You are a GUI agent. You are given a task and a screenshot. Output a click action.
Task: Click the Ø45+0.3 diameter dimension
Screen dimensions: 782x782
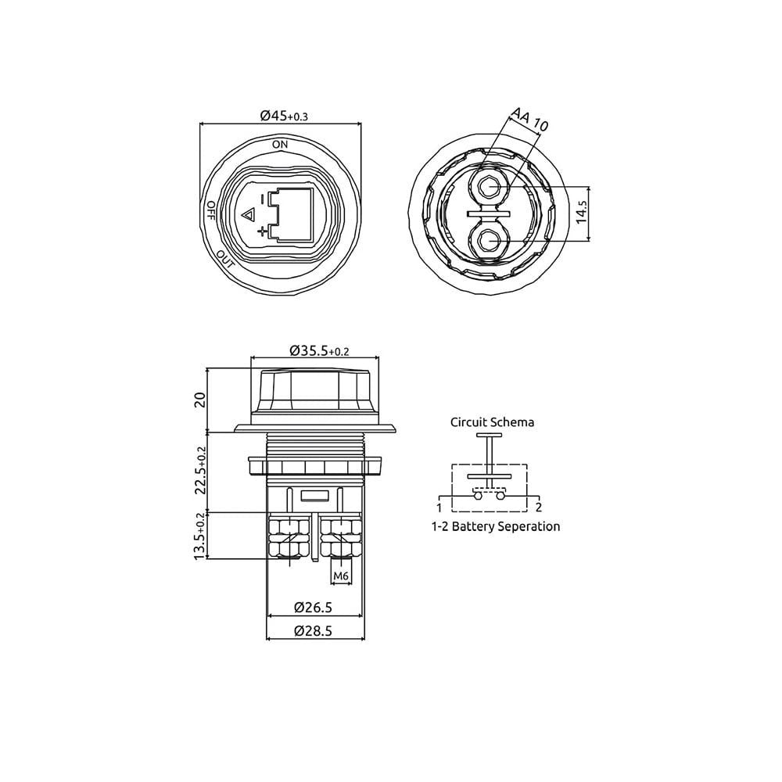tap(284, 116)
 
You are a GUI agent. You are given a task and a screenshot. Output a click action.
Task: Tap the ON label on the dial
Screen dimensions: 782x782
tap(280, 145)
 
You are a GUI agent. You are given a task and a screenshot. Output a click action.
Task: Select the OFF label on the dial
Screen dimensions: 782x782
tap(210, 210)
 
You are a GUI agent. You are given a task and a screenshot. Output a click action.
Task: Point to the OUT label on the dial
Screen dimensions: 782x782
tap(225, 260)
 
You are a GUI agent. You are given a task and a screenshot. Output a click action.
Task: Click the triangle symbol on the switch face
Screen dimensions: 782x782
tap(248, 216)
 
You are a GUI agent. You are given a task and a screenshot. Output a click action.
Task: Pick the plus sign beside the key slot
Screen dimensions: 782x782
tap(262, 231)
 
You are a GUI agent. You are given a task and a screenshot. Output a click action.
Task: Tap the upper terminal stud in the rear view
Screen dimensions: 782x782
tap(490, 187)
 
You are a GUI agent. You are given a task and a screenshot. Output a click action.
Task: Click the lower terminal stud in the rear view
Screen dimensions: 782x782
tap(490, 242)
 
